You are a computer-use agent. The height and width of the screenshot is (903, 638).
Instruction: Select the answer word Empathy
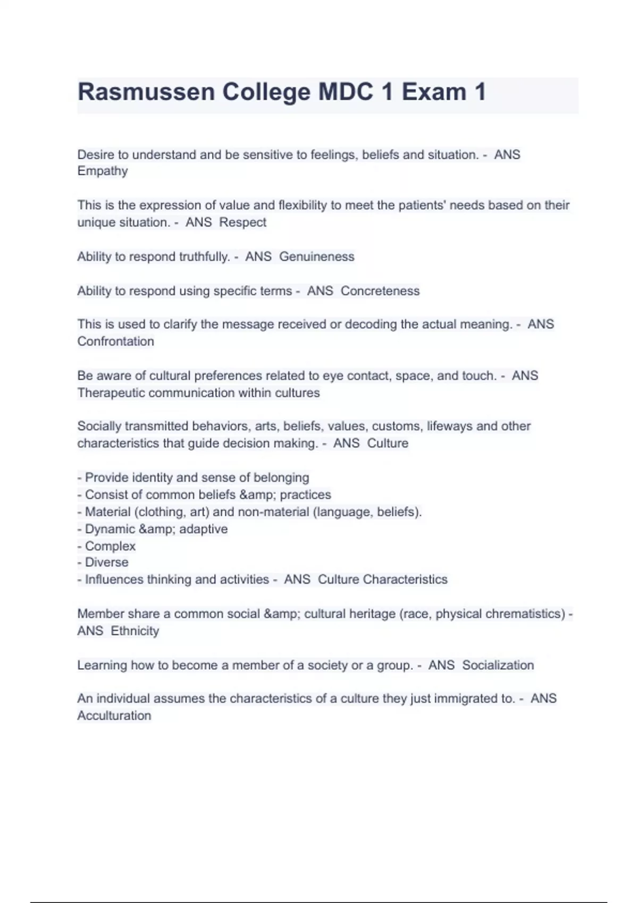(103, 171)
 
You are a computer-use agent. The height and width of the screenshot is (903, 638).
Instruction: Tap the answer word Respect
(242, 222)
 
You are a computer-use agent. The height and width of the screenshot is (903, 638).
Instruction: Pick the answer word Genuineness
(316, 257)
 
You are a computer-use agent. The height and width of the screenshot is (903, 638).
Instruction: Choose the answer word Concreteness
(380, 291)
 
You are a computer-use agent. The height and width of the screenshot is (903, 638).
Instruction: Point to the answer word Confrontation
(115, 342)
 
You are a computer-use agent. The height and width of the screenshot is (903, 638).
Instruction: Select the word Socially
(103, 426)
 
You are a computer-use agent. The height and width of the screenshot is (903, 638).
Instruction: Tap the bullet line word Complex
(110, 546)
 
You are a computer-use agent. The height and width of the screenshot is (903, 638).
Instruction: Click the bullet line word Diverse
(106, 562)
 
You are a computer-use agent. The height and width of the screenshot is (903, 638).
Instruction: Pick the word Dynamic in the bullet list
(110, 529)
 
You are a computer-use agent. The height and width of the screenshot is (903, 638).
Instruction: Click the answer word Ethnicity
(135, 631)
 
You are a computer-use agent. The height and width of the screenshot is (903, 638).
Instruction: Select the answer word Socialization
(498, 665)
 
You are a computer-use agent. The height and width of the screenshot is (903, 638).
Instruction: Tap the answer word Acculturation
(114, 715)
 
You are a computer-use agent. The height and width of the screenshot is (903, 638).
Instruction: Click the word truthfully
(204, 257)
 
